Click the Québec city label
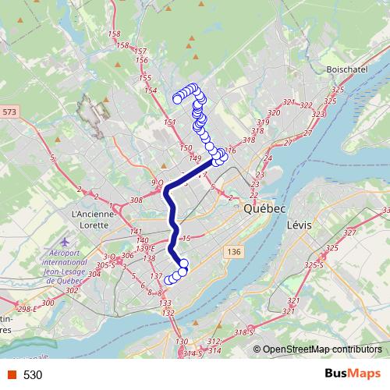coord(265,209)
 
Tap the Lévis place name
coord(299,224)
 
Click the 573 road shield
coord(9,112)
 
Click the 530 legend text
coord(33,375)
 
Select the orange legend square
coord(11,375)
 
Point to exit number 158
coord(115,34)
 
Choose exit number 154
coord(150,90)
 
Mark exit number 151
coord(170,123)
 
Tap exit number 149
coord(195,158)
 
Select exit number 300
coord(48,303)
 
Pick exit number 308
coord(136,200)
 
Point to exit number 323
coord(317,115)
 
